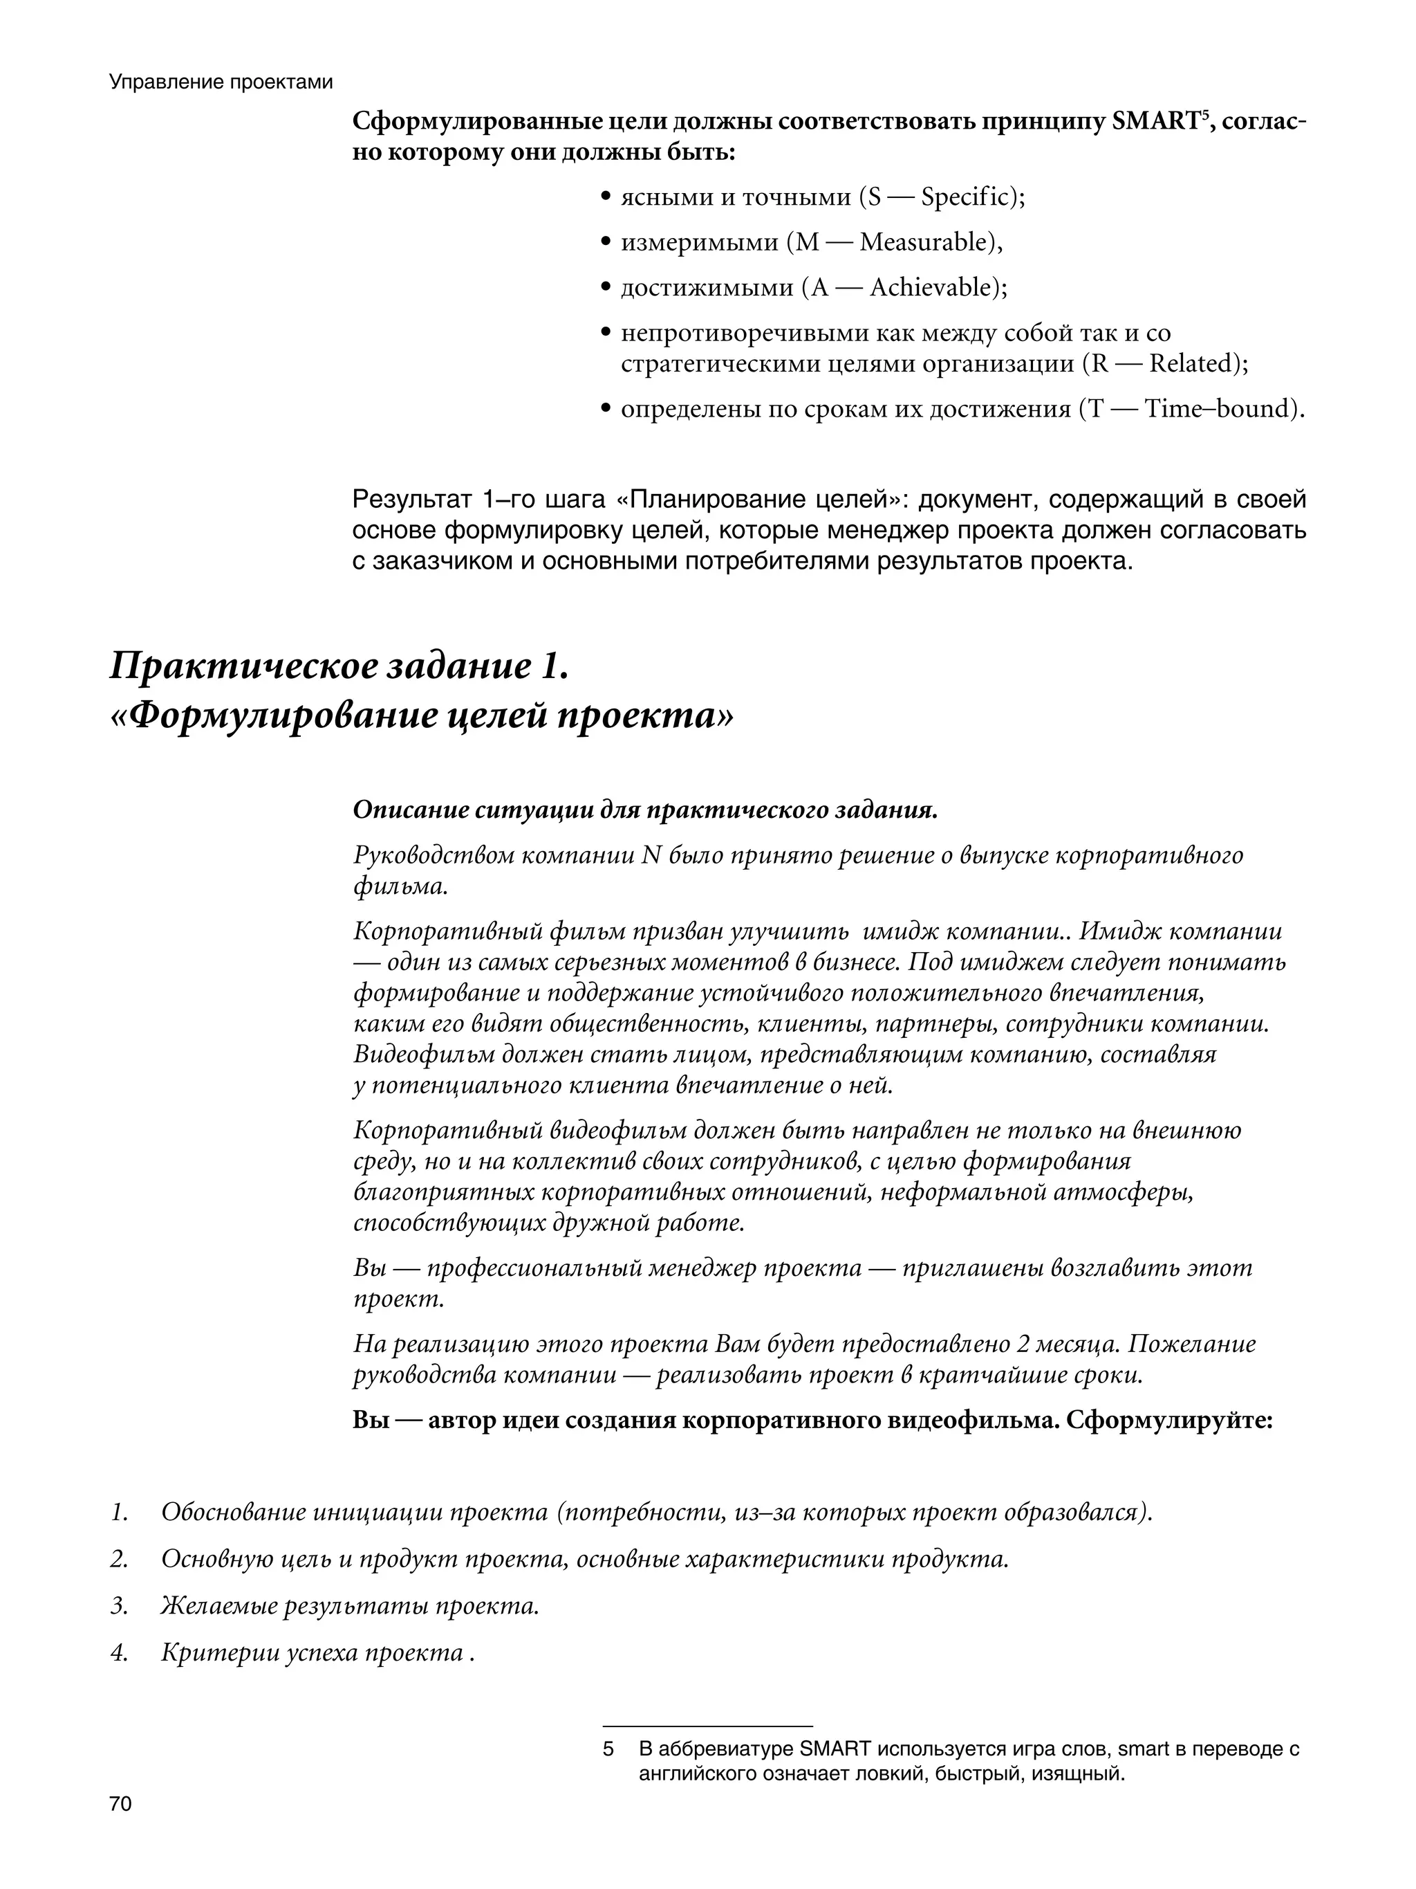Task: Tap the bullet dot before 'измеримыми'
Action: pos(605,244)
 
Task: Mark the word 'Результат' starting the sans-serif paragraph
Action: pos(411,500)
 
